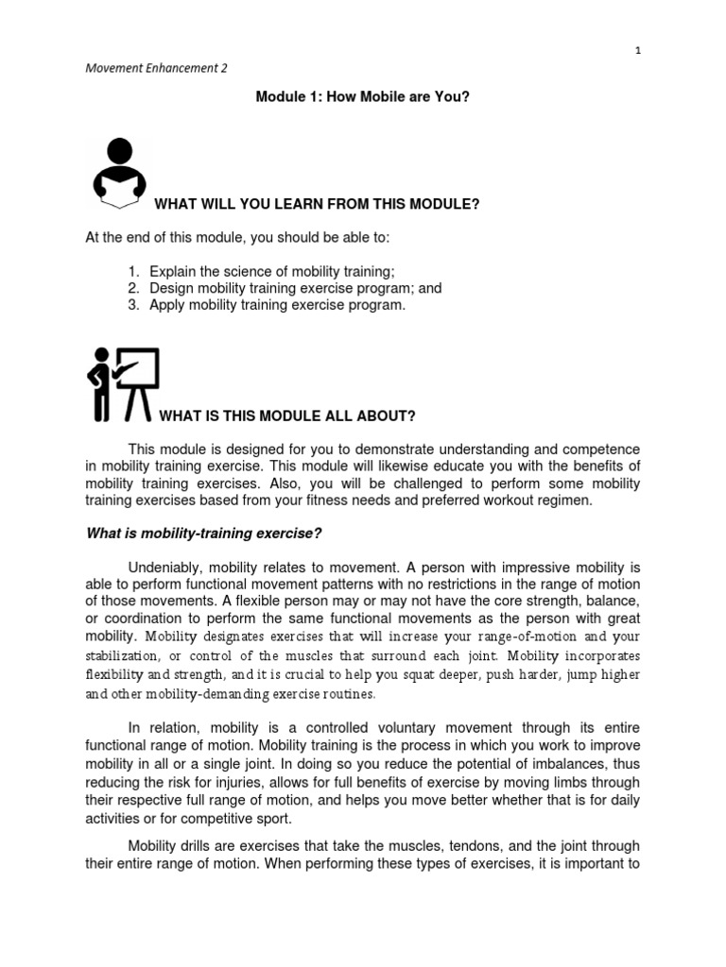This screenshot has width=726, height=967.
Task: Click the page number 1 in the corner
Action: click(638, 50)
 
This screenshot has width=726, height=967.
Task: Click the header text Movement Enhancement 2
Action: click(156, 68)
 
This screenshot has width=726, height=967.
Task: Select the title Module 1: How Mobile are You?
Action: click(363, 97)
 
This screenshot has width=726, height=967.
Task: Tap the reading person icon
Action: click(120, 173)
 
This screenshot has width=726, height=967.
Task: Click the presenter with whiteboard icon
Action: click(123, 383)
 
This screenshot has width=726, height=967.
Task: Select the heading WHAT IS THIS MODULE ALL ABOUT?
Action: click(287, 416)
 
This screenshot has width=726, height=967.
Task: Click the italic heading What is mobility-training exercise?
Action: click(204, 534)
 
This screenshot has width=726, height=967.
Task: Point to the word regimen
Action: click(565, 500)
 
